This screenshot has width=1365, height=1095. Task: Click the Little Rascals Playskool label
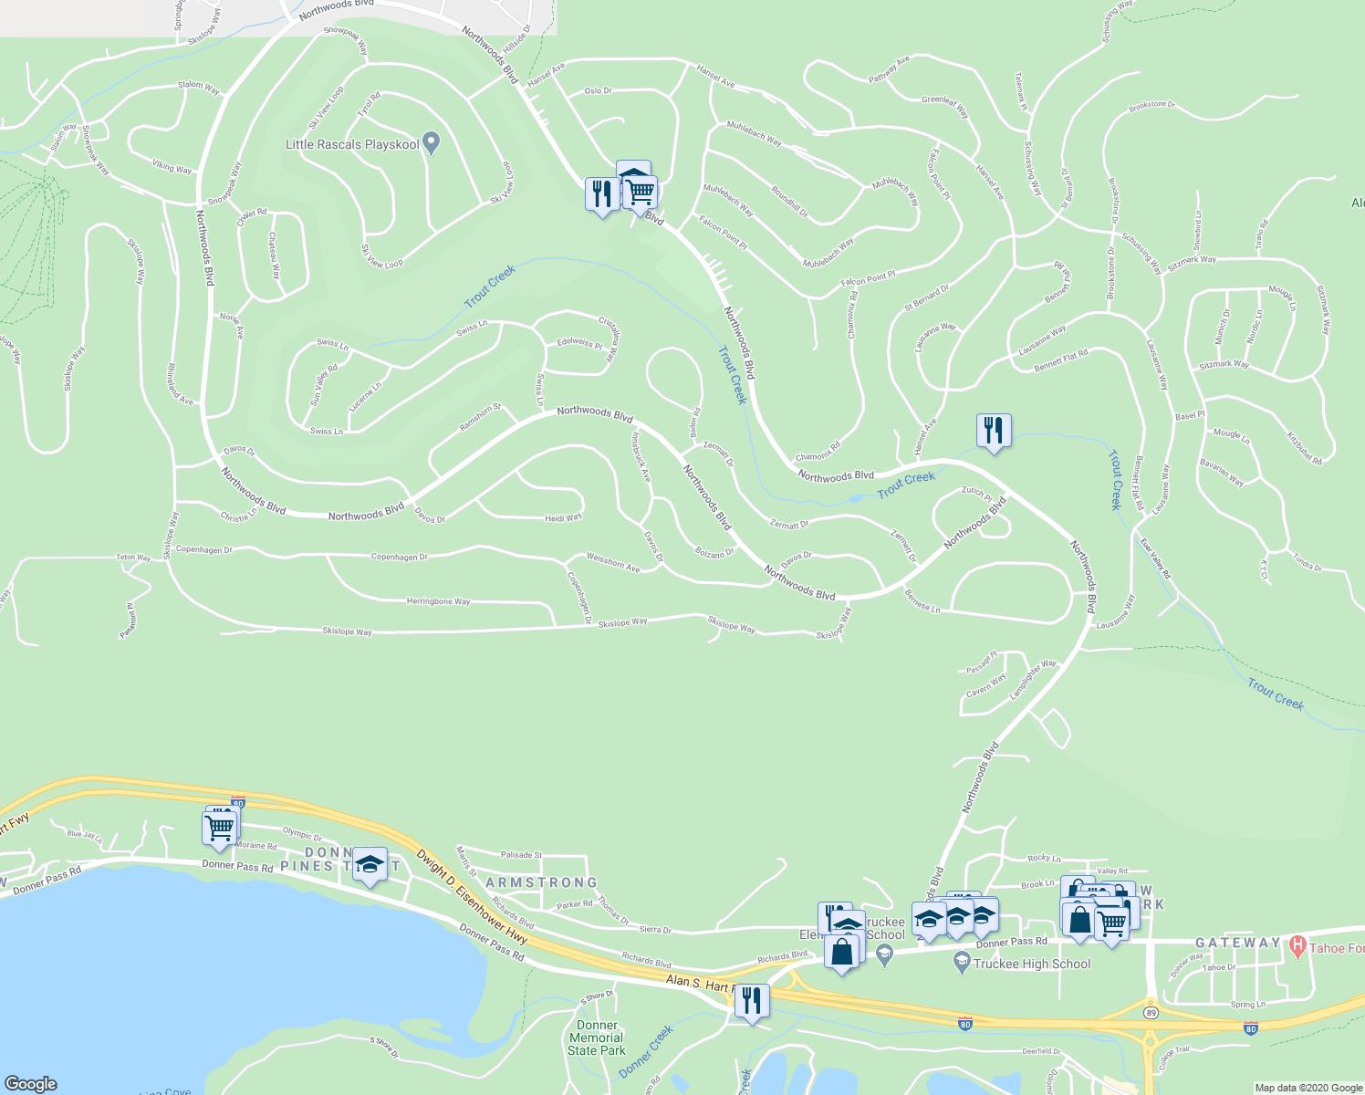tap(352, 144)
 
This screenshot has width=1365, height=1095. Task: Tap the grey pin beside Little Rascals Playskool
tap(432, 142)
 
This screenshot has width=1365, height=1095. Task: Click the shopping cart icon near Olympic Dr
tap(220, 829)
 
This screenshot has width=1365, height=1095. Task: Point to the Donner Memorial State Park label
tap(596, 1038)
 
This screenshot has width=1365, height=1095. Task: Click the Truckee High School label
tap(1032, 964)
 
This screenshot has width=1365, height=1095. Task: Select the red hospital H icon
tap(1297, 948)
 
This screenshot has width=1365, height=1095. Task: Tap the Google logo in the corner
tap(31, 1083)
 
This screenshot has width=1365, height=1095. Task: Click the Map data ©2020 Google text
tap(1308, 1088)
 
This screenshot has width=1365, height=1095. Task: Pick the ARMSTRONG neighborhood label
tap(541, 882)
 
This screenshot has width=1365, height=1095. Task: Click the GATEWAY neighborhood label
tap(1238, 943)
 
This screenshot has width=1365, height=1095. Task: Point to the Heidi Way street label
tap(563, 517)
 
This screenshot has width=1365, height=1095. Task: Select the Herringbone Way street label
tap(438, 601)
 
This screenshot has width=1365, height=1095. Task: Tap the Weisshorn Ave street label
tap(613, 562)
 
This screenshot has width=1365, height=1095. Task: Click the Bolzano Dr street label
tap(714, 553)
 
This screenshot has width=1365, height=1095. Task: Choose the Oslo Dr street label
tap(598, 91)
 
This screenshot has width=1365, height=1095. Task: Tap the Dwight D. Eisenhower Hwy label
tap(473, 897)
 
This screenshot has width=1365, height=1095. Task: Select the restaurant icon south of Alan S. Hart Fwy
tap(751, 1002)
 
